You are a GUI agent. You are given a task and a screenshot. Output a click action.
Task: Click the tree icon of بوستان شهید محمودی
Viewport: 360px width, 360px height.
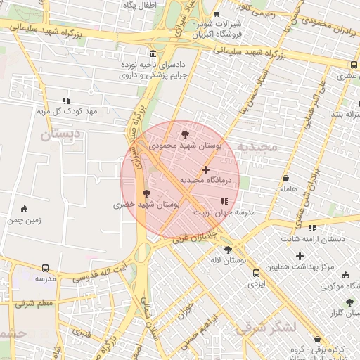(x=185, y=133)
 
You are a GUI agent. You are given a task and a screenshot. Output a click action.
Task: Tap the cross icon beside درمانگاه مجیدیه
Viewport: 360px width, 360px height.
(x=205, y=169)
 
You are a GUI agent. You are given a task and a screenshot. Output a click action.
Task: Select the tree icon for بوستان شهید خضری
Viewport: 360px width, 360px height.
(x=146, y=193)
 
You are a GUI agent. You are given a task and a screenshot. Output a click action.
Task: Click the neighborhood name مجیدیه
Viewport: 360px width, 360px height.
(x=257, y=147)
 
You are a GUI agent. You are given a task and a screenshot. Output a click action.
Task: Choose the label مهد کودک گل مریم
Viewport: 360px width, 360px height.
(x=66, y=111)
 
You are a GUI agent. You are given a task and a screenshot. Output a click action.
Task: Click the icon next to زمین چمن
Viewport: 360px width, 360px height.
(x=25, y=209)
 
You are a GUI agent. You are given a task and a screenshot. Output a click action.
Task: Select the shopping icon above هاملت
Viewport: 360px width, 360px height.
(x=285, y=179)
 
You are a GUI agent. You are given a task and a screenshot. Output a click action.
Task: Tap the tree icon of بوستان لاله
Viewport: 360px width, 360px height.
(x=227, y=250)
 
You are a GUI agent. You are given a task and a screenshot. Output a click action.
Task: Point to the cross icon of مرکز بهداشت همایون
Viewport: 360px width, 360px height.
(x=300, y=256)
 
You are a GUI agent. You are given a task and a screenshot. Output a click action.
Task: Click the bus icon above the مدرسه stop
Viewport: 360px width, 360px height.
(x=46, y=268)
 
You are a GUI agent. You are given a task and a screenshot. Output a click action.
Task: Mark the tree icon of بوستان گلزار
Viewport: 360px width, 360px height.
(x=349, y=302)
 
